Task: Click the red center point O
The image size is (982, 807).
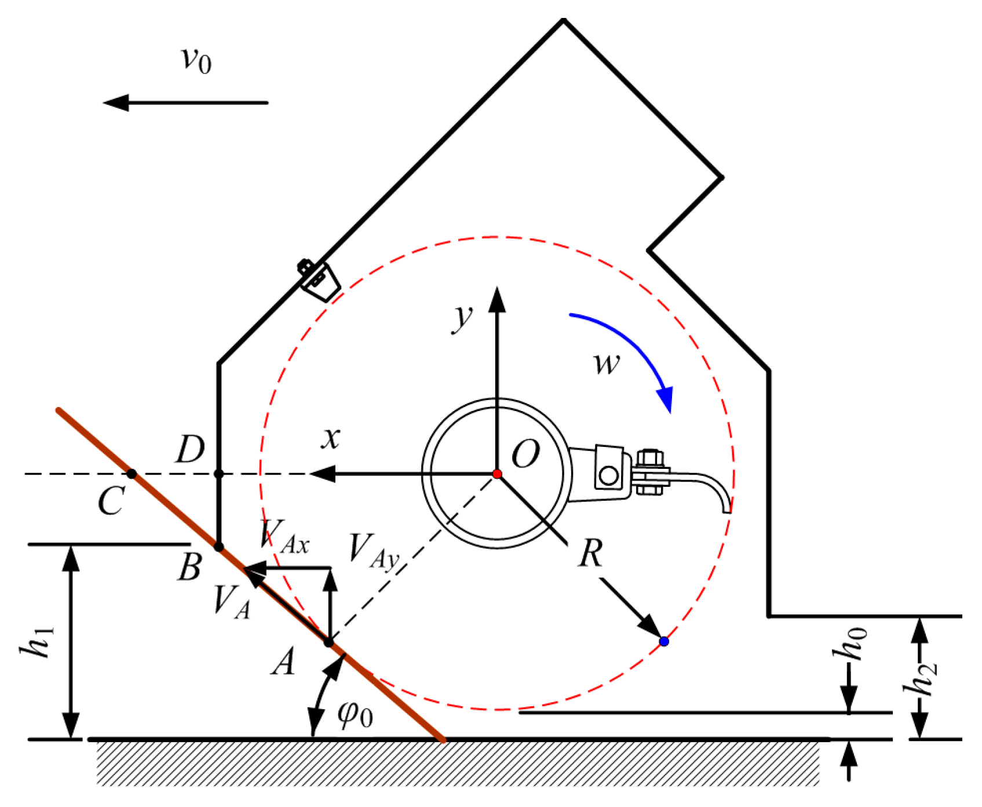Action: [x=497, y=474]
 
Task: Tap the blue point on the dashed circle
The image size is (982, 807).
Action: [x=664, y=641]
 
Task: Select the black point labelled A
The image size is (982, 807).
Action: [x=328, y=643]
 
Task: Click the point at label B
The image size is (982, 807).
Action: [x=218, y=546]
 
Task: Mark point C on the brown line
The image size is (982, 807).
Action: [x=132, y=474]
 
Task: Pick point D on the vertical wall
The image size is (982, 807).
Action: [x=218, y=474]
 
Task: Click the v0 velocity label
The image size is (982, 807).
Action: [x=196, y=59]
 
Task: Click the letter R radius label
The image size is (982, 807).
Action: [x=590, y=553]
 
